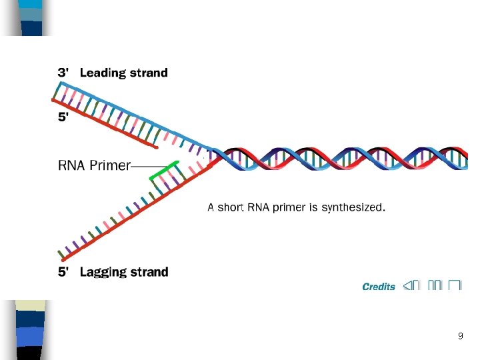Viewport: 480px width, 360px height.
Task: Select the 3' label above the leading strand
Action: [62, 73]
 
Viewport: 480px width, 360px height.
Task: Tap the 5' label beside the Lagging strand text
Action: [62, 272]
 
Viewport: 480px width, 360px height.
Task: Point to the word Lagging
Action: [102, 272]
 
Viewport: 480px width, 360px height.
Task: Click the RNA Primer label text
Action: [94, 165]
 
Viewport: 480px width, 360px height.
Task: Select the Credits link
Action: [378, 287]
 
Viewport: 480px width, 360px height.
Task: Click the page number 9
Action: [460, 337]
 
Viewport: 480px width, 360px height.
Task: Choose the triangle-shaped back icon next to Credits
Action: [408, 286]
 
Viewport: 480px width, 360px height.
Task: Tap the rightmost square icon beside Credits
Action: [455, 286]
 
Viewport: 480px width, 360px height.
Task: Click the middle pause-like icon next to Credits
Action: [435, 286]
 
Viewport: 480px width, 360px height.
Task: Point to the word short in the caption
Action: [231, 207]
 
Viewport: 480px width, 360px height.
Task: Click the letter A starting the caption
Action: [211, 207]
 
